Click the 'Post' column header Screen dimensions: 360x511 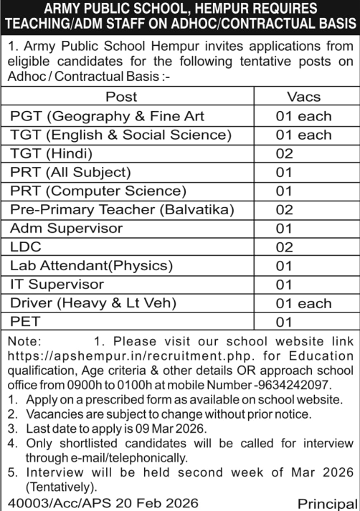coord(121,97)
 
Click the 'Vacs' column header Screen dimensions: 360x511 coord(303,97)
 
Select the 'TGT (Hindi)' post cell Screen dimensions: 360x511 coord(51,153)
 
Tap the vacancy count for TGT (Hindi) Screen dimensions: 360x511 coord(285,153)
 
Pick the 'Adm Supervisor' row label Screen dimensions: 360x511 coord(66,228)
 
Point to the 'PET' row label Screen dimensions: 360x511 coord(24,322)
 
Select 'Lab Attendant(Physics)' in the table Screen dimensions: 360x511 coord(91,265)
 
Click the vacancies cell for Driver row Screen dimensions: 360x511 coord(304,303)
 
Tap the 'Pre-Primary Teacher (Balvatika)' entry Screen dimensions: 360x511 coord(122,209)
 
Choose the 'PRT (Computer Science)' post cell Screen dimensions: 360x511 coord(98,191)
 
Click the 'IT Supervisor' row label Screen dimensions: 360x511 coord(57,285)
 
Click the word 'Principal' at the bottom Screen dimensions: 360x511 coord(326,503)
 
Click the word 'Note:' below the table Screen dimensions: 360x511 coord(25,340)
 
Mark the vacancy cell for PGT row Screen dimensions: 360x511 coord(304,115)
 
